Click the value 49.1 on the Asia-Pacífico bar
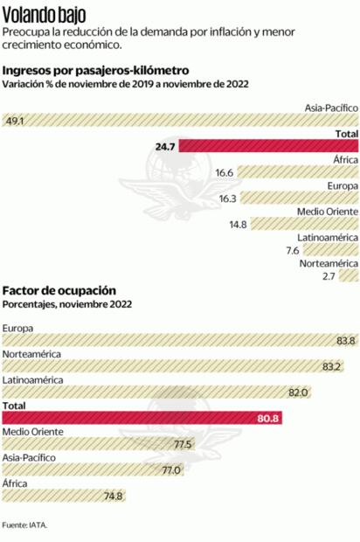click(15, 122)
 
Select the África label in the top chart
click(345, 160)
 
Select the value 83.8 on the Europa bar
click(346, 341)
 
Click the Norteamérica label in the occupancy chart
click(32, 354)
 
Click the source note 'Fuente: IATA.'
click(24, 525)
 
